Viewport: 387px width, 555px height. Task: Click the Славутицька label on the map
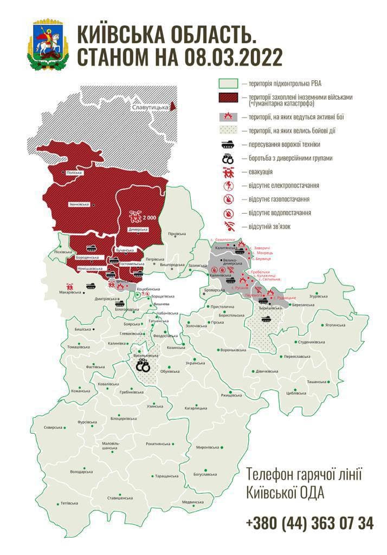pos(149,108)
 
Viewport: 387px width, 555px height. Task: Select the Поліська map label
pos(73,172)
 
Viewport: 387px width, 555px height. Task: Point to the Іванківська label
pos(79,204)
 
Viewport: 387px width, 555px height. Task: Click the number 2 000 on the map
pos(149,217)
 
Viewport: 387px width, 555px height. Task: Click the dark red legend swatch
pos(228,98)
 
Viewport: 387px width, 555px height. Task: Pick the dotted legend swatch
pos(228,131)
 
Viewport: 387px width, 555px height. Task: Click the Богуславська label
pos(205,474)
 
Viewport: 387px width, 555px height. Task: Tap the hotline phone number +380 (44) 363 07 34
pos(309,523)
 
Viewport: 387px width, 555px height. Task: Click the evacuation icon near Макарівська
pos(69,286)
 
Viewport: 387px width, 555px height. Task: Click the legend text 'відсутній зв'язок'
pos(269,226)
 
